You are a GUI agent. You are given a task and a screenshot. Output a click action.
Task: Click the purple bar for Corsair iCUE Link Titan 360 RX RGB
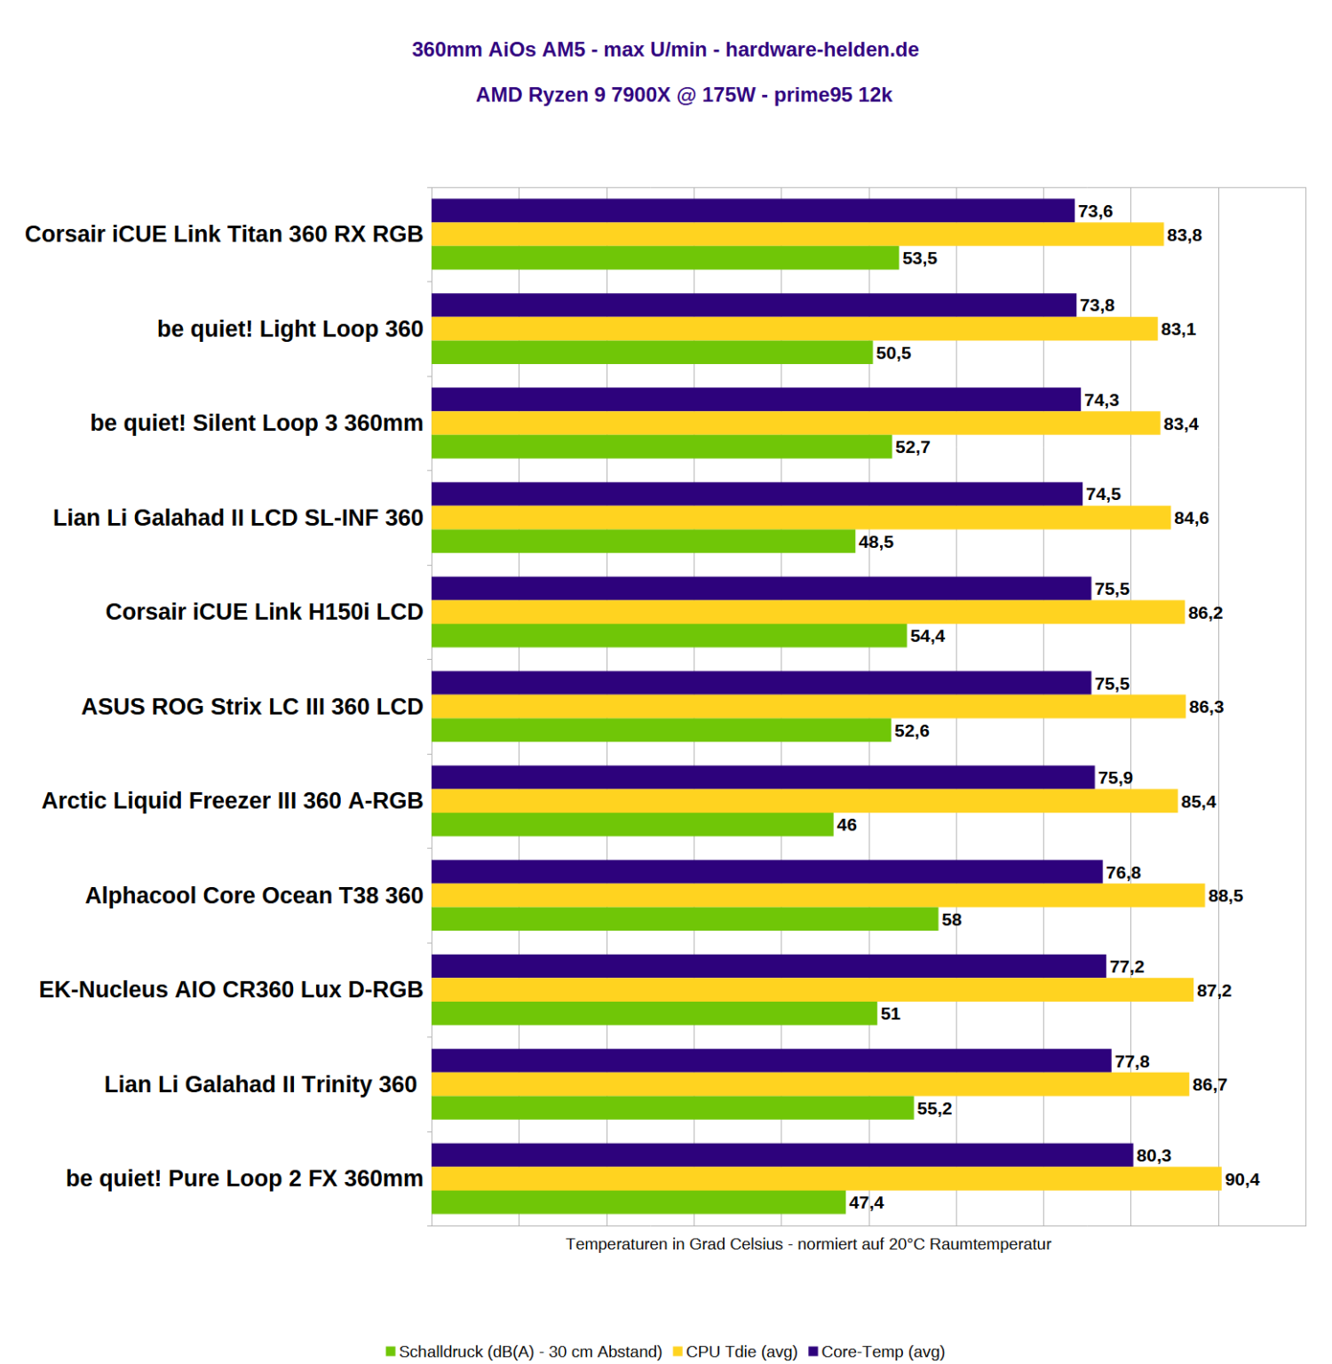[x=753, y=210]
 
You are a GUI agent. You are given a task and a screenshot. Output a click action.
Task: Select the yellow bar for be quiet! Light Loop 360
[x=795, y=329]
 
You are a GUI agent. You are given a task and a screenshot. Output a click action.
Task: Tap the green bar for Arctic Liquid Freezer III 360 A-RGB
[x=632, y=825]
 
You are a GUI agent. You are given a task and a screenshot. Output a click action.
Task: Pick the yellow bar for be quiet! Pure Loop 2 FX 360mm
[x=826, y=1178]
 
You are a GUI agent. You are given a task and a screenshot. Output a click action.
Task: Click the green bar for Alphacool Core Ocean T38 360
[x=685, y=919]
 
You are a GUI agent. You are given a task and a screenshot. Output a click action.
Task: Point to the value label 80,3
[x=1154, y=1155]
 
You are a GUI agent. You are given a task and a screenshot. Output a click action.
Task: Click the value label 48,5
[x=876, y=542]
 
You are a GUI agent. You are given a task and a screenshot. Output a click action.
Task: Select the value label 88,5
[x=1225, y=896]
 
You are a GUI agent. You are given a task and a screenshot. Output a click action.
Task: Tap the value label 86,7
[x=1209, y=1084]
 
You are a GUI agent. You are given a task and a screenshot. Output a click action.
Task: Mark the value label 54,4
[x=927, y=636]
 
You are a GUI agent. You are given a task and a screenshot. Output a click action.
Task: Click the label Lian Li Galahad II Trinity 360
[x=260, y=1084]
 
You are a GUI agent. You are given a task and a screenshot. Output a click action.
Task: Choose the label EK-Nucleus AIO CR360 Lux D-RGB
[x=231, y=989]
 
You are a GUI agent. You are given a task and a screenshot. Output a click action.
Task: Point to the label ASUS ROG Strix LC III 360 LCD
[x=252, y=707]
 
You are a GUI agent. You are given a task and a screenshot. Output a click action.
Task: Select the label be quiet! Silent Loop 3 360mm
[x=257, y=423]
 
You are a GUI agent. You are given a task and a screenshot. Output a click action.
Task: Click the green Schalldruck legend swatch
[x=391, y=1352]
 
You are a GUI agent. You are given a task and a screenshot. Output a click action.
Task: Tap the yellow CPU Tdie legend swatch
[x=678, y=1352]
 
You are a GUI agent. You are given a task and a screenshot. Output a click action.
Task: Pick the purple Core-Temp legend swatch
[x=813, y=1352]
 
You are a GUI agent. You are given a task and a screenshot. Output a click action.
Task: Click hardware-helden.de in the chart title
[x=821, y=50]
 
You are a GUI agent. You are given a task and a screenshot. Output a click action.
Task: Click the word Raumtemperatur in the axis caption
[x=997, y=1244]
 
